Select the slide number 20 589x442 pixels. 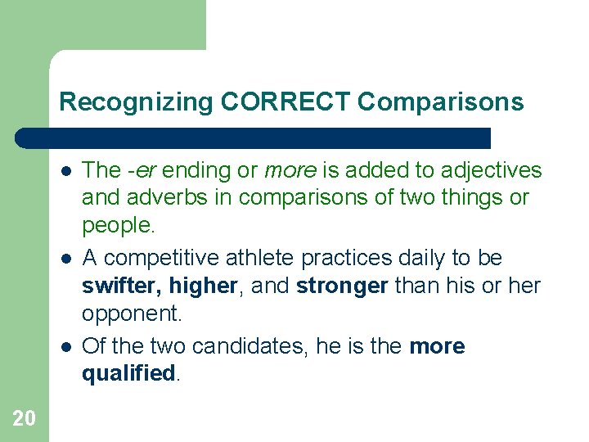point(24,418)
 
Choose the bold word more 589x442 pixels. point(437,346)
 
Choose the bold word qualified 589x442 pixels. point(128,374)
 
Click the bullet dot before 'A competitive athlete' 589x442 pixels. point(65,259)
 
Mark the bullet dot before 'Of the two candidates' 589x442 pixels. point(65,347)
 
